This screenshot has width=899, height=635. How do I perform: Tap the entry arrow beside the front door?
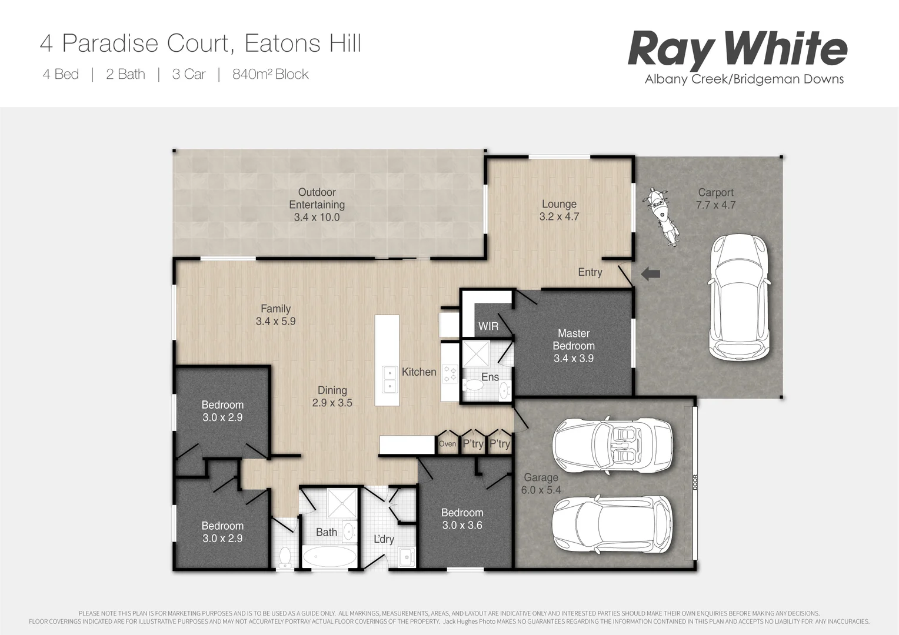650,273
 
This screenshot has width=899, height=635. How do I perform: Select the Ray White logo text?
737,49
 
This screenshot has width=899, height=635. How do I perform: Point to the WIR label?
488,326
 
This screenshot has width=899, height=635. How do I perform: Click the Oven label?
447,444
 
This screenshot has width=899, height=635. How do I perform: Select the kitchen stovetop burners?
450,373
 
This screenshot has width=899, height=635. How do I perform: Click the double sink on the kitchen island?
389,379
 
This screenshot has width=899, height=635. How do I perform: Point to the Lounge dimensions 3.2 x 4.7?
559,217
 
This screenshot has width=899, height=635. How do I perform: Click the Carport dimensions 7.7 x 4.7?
715,205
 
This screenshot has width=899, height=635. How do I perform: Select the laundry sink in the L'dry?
405,556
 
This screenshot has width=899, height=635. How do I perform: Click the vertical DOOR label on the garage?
695,482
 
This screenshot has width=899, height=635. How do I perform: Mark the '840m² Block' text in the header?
271,75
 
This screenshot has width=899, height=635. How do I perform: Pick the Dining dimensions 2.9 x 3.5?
332,403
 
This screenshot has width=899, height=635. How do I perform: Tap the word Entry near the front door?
590,272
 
